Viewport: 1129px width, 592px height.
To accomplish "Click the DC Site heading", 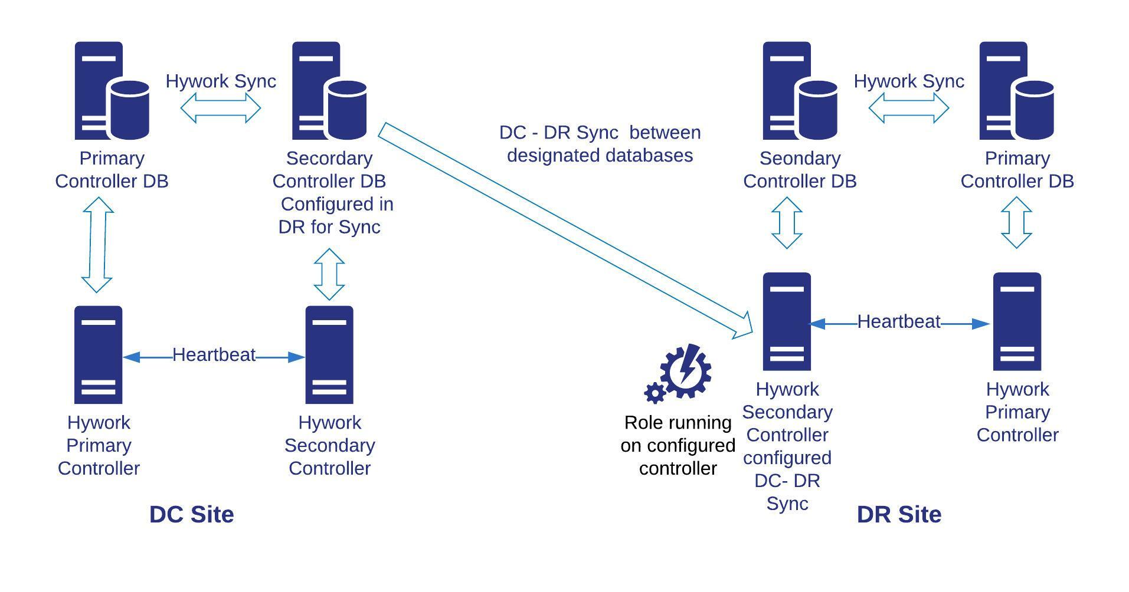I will pos(191,514).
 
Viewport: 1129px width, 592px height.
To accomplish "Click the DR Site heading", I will pos(898,514).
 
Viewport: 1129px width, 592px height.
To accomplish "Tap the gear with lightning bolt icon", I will pos(679,373).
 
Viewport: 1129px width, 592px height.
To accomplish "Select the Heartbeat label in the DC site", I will pos(214,355).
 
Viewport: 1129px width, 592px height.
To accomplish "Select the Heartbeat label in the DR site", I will pos(898,322).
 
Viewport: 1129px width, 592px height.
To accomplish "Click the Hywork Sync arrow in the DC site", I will pos(220,108).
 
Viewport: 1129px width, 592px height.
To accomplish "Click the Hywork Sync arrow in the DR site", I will pos(908,108).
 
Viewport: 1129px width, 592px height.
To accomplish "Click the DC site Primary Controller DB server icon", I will pos(111,91).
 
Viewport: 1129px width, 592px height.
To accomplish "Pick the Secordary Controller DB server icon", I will pos(329,91).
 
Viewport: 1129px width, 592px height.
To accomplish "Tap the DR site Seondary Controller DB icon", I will pos(799,91).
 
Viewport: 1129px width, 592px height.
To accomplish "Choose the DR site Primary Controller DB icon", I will pos(1016,91).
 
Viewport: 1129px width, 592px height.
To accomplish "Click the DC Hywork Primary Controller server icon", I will pos(98,355).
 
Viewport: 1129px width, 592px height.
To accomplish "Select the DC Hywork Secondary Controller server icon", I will pos(329,355).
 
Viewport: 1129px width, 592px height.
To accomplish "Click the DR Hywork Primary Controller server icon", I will pos(1016,322).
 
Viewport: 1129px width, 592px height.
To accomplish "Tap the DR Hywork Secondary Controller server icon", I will pos(786,322).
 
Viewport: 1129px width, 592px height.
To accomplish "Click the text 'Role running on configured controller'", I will pos(678,446).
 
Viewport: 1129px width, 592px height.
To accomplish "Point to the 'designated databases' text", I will pos(600,156).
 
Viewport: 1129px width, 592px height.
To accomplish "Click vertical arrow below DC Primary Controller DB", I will pos(97,245).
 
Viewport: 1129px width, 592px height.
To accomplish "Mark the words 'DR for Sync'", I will pos(329,227).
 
